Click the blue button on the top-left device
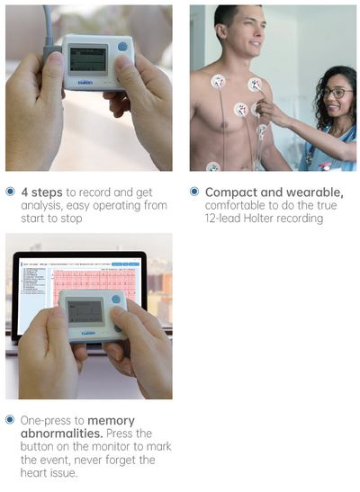click(122, 47)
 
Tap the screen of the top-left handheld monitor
click(87, 59)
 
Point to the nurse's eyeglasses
click(337, 93)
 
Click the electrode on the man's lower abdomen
click(213, 166)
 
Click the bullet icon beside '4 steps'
click(11, 192)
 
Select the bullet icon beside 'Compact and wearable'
click(194, 192)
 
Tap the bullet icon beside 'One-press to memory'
click(11, 420)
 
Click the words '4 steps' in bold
click(41, 192)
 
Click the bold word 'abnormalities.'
click(62, 434)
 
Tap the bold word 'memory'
click(111, 421)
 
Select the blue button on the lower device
click(116, 299)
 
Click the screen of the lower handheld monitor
click(85, 312)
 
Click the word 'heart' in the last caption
click(33, 472)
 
